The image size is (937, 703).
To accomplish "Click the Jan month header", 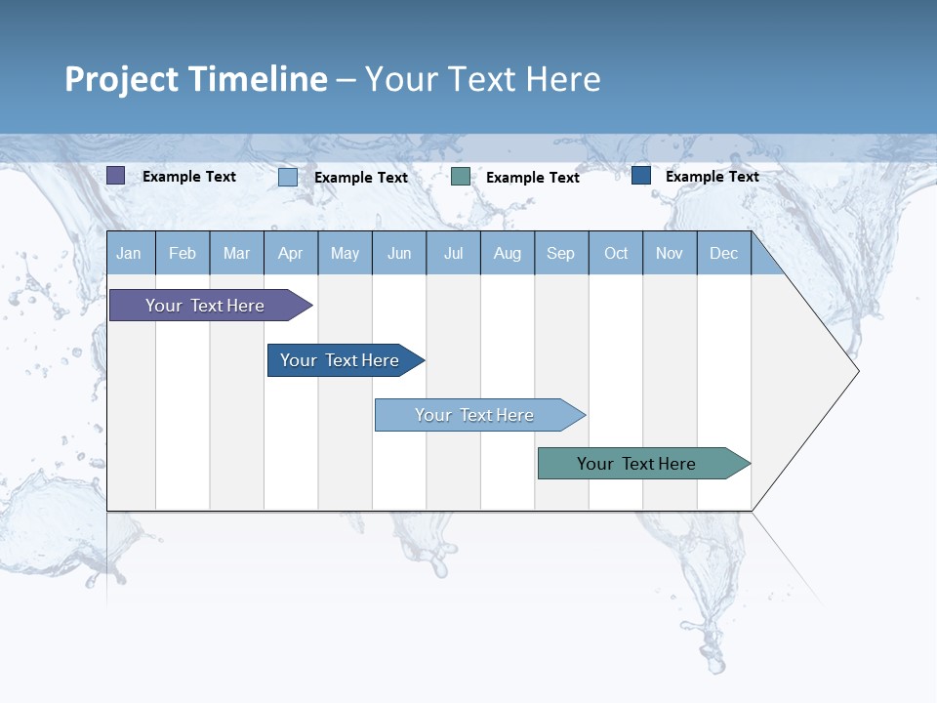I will pyautogui.click(x=130, y=253).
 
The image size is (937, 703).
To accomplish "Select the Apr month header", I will pyautogui.click(x=291, y=253).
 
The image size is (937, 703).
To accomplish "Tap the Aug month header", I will pyautogui.click(x=508, y=253).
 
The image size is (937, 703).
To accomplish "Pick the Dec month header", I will pyautogui.click(x=724, y=253).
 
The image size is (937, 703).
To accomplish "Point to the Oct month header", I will pyautogui.click(x=616, y=253).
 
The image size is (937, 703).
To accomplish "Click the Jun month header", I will pyautogui.click(x=399, y=253).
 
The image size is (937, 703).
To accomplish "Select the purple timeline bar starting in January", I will pyautogui.click(x=206, y=306).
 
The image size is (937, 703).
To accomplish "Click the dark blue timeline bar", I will pyautogui.click(x=341, y=360).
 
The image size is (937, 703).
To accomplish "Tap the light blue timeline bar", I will pyautogui.click(x=475, y=415).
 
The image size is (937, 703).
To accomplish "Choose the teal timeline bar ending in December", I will pyautogui.click(x=637, y=464).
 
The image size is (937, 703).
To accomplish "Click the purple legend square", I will pyautogui.click(x=115, y=176).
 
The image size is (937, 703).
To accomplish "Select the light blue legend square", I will pyautogui.click(x=288, y=177).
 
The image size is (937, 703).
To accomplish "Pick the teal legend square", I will pyautogui.click(x=461, y=177).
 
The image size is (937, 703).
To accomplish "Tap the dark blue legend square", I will pyautogui.click(x=641, y=176).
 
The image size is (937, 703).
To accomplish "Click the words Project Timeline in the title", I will pyautogui.click(x=195, y=79).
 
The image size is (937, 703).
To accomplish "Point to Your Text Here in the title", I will pyautogui.click(x=483, y=79).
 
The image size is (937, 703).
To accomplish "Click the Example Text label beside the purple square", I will pyautogui.click(x=189, y=177).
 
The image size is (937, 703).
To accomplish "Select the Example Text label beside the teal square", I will pyautogui.click(x=533, y=178).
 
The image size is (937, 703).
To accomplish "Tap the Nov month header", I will pyautogui.click(x=670, y=253).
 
